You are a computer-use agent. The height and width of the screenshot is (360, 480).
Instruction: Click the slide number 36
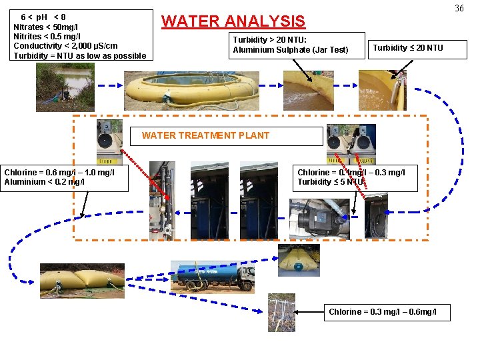[459, 8]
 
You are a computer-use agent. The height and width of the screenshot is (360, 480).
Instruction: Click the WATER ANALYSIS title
[233, 21]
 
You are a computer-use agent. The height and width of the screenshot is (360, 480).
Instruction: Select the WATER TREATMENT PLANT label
[205, 135]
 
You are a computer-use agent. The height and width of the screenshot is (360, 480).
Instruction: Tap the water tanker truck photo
[213, 276]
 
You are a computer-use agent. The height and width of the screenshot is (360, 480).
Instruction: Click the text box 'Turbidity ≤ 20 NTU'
[407, 47]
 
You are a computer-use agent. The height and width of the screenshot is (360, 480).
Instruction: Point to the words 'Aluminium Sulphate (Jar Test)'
[291, 50]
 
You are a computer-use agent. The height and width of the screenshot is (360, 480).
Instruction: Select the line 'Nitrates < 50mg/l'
[46, 27]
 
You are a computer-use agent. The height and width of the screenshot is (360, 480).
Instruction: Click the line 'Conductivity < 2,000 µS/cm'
[65, 46]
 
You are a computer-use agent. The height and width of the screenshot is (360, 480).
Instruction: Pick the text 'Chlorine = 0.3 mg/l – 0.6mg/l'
[383, 312]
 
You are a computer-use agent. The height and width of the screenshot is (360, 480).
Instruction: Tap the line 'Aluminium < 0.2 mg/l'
[44, 182]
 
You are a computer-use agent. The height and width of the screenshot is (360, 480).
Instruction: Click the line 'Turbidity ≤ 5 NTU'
[331, 182]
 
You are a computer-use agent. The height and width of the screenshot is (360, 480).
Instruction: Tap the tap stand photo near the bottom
[281, 312]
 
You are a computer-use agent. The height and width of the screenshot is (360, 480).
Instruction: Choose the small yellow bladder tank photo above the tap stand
[298, 259]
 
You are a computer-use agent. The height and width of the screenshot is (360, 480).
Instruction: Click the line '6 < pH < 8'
[43, 17]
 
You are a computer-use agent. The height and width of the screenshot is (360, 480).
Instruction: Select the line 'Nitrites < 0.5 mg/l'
[46, 36]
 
